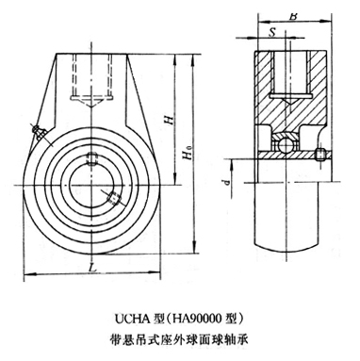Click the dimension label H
tap(170, 121)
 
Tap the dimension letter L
tap(92, 268)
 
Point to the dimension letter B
tap(293, 16)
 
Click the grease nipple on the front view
tap(40, 132)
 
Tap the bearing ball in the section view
tap(286, 145)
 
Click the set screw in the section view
tap(320, 155)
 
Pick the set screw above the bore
tap(91, 158)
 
